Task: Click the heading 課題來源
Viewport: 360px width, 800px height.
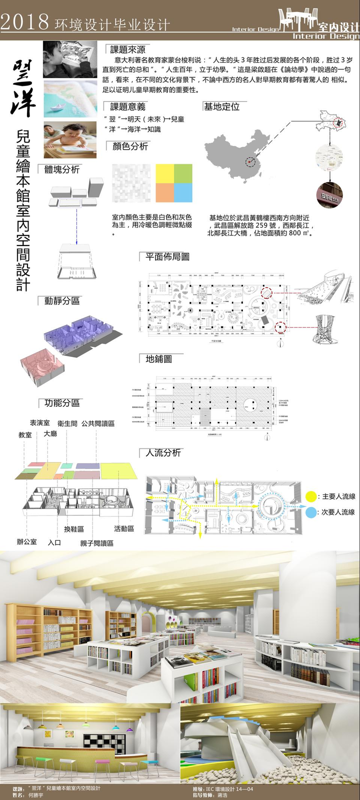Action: point(127,49)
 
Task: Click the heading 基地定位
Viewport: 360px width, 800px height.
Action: point(221,106)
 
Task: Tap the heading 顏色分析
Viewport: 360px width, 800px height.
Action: point(130,146)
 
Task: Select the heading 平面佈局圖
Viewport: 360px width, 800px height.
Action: point(167,256)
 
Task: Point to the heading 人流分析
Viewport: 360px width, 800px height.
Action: point(163,452)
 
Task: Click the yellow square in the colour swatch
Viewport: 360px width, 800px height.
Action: point(164,173)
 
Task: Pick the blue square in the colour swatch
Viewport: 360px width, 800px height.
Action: point(183,192)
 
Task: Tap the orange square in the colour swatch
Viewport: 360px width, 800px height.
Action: point(164,192)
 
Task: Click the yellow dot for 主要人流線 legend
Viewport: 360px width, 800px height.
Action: point(310,496)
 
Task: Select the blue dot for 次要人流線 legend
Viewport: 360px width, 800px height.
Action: point(310,512)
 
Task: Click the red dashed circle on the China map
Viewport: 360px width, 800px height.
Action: point(250,161)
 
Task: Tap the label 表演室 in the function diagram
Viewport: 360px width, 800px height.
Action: point(39,423)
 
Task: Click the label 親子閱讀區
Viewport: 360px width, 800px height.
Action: point(96,543)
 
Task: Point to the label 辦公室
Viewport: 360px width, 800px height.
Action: point(26,541)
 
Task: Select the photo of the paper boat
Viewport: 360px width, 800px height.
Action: point(70,98)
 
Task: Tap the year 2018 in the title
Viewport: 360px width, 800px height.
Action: point(24,22)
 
